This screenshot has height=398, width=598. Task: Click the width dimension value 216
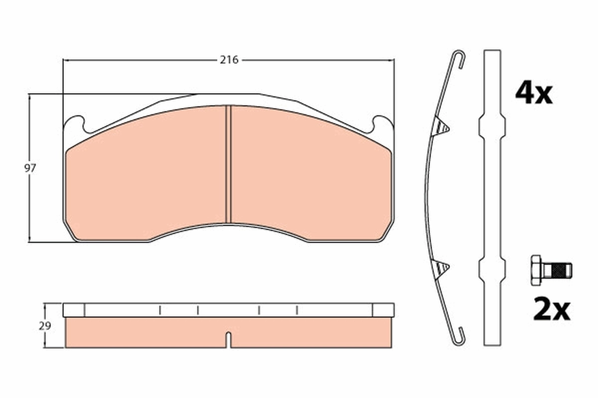point(229,60)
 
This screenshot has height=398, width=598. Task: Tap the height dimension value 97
point(30,168)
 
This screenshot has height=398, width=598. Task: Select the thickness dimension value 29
point(45,326)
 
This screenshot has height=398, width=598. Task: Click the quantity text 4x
point(534,94)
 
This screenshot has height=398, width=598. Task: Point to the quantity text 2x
point(551,309)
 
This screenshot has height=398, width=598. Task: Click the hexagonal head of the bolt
point(536,270)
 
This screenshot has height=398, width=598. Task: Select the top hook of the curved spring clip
point(459,59)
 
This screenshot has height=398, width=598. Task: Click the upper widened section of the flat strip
point(492,126)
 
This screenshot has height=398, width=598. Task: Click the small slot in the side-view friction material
point(228,339)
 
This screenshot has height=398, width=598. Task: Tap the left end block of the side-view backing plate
point(74,310)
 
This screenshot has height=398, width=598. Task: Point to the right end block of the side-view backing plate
point(383,310)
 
